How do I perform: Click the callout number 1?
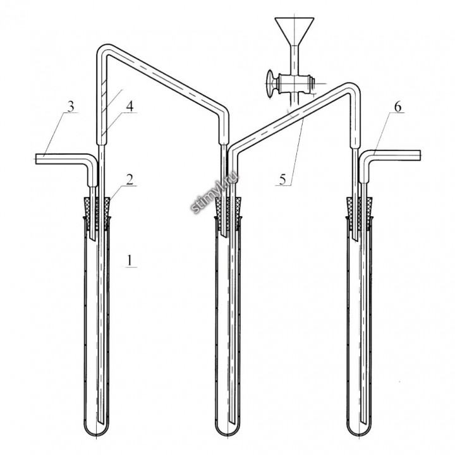click(130, 260)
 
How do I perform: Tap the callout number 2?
click(130, 179)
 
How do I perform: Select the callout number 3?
click(71, 106)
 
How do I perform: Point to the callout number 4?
click(130, 106)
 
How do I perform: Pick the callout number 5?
click(282, 179)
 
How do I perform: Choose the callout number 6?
click(397, 107)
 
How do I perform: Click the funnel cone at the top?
click(294, 32)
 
